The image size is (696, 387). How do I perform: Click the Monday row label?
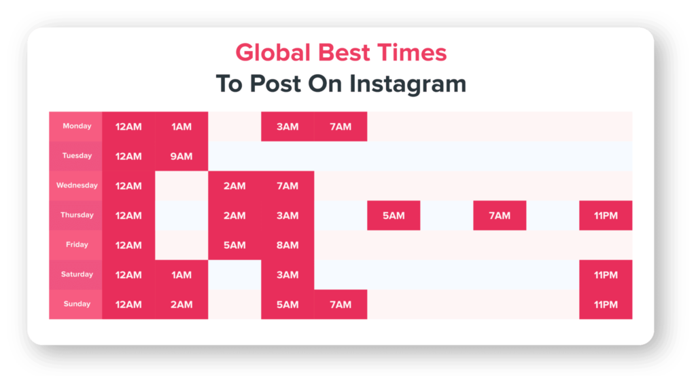point(76,127)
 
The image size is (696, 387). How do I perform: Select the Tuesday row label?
point(76,156)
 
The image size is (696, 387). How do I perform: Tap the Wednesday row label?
point(76,186)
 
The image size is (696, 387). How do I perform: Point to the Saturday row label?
point(76,275)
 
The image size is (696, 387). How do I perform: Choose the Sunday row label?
point(76,304)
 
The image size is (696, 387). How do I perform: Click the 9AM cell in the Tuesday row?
point(181,156)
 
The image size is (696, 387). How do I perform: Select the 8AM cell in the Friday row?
point(288,246)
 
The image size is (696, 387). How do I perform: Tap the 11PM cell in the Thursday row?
point(606,216)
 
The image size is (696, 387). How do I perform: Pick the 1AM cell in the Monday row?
point(181,127)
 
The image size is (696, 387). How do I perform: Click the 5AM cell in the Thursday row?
point(394,216)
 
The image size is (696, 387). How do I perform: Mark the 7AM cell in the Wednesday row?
point(288,186)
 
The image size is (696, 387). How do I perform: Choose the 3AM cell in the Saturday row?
point(288,275)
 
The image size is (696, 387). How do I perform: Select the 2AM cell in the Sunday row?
point(181,305)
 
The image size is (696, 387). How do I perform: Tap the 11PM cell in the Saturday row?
point(606,275)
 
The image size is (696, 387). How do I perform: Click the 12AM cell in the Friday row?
point(128,246)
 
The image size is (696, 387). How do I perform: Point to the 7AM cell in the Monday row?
point(341,127)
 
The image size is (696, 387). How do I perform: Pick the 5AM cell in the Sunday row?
point(288,305)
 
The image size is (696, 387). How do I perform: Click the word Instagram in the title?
point(408,84)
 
